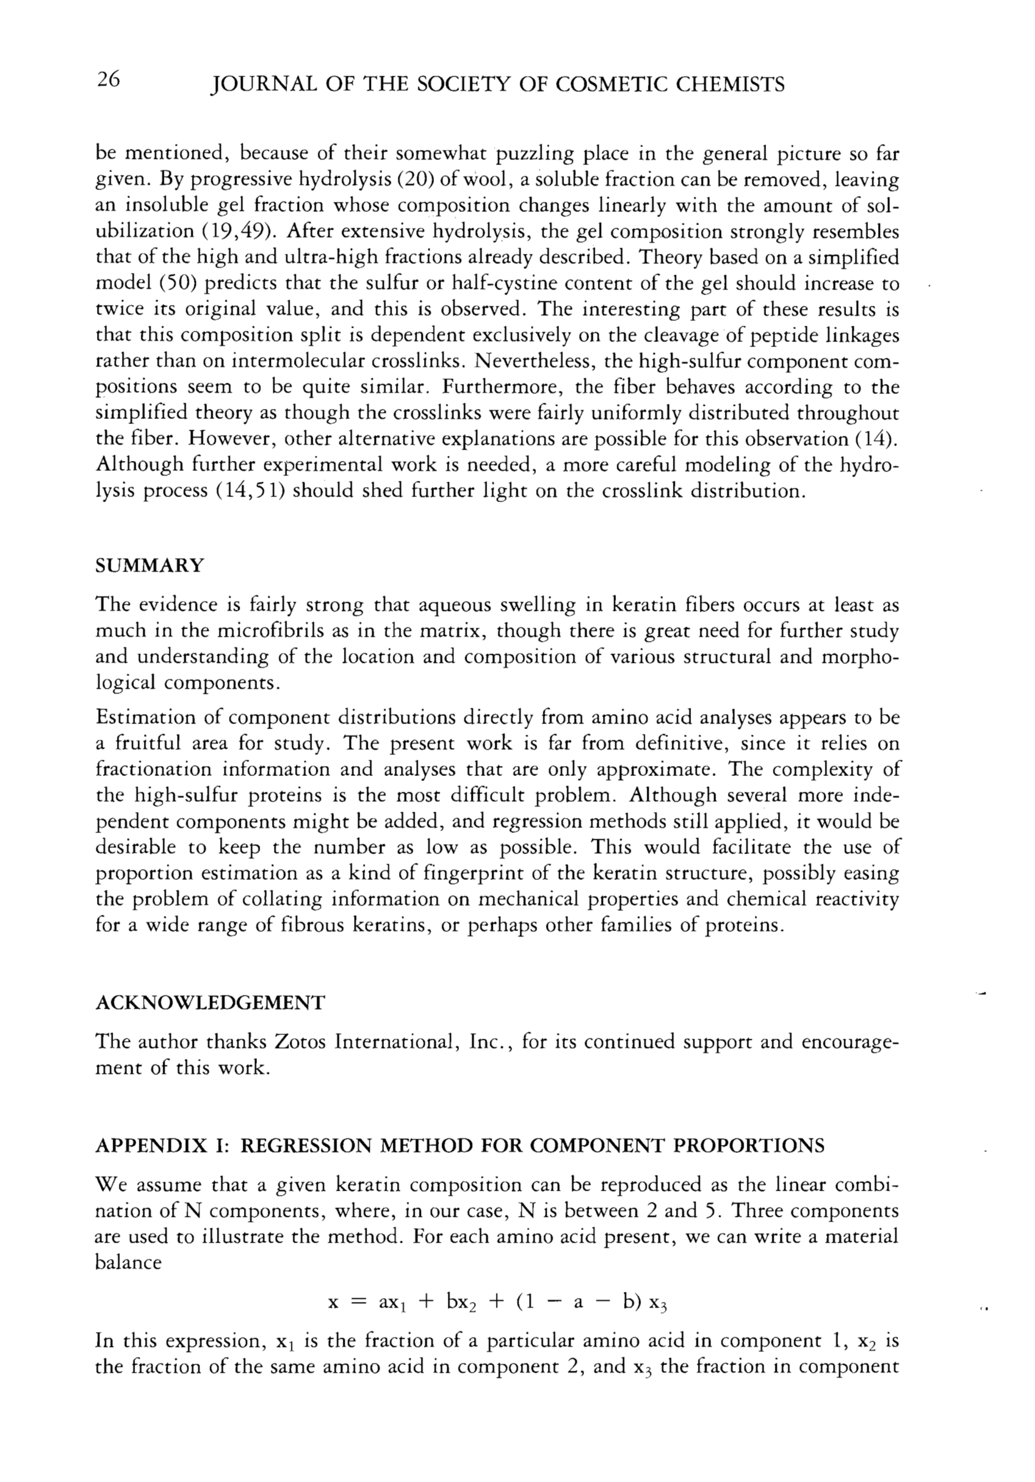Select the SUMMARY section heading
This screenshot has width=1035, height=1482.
[149, 566]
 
